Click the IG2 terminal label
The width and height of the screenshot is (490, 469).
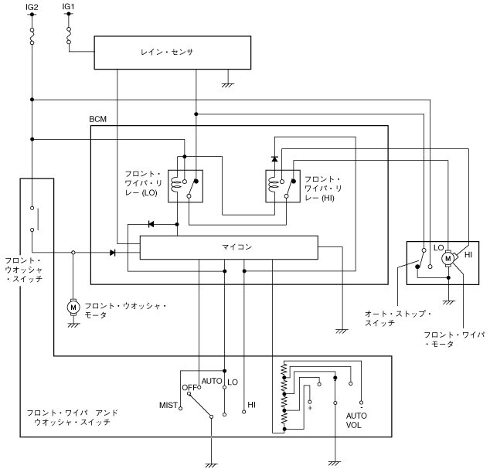pyautogui.click(x=32, y=8)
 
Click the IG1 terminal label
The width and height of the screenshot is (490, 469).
pyautogui.click(x=68, y=8)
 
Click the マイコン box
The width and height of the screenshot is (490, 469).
pyautogui.click(x=228, y=247)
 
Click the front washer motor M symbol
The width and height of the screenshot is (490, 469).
pyautogui.click(x=74, y=308)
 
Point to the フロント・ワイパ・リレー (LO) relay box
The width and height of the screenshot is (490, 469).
pyautogui.click(x=185, y=185)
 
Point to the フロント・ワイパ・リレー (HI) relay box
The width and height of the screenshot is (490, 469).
pyautogui.click(x=282, y=185)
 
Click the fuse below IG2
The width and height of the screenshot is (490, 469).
pyautogui.click(x=32, y=36)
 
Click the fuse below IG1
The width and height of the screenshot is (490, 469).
pyautogui.click(x=68, y=36)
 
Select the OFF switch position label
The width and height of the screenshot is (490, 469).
pyautogui.click(x=190, y=387)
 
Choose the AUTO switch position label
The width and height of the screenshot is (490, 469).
pyautogui.click(x=212, y=382)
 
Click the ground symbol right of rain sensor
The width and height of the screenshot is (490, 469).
pyautogui.click(x=228, y=83)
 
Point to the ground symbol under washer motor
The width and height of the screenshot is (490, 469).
pyautogui.click(x=74, y=325)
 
